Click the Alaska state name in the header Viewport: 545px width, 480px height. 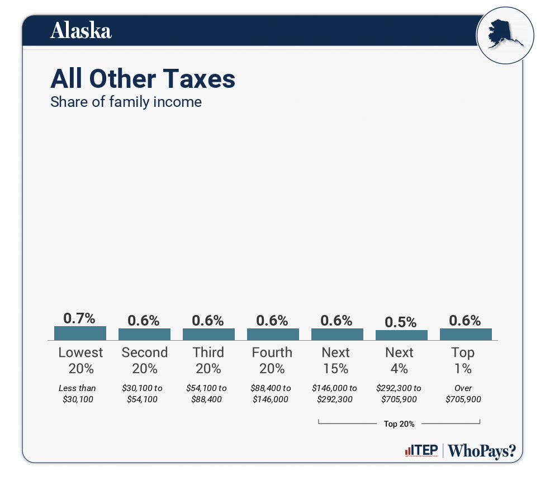(81, 31)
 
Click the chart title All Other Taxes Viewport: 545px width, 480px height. (143, 79)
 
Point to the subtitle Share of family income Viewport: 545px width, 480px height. (126, 102)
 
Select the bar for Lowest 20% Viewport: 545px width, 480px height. (80, 333)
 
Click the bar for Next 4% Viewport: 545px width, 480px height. (401, 335)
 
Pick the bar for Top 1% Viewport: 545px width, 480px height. (466, 334)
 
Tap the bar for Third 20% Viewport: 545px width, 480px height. (208, 334)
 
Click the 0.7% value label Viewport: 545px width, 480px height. (80, 318)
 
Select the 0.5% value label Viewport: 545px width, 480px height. (401, 322)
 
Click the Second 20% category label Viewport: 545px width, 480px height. (144, 360)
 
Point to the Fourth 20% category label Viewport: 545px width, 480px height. (272, 360)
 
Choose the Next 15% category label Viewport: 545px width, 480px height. (336, 360)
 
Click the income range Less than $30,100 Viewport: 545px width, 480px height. (78, 394)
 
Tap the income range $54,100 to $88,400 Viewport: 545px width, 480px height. (206, 394)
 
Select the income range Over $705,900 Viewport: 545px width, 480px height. (463, 394)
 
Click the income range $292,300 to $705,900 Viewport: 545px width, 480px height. (399, 394)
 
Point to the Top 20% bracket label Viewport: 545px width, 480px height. (399, 424)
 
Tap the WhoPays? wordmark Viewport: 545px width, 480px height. (482, 451)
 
